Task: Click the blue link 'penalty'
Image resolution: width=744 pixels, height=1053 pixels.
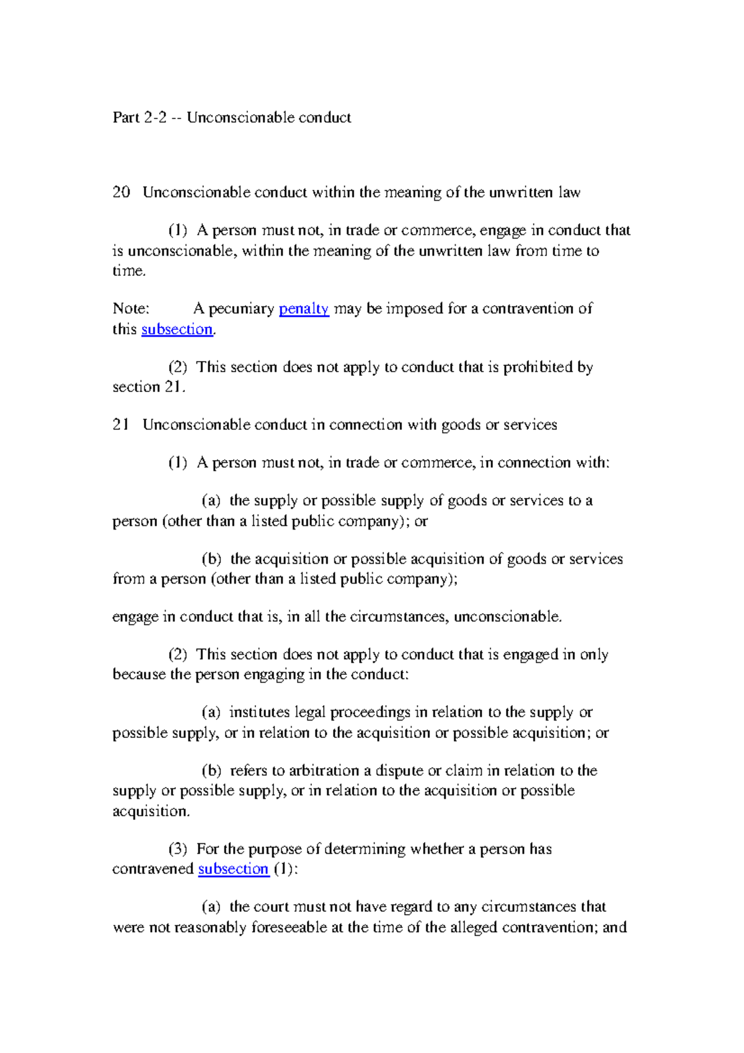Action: (303, 309)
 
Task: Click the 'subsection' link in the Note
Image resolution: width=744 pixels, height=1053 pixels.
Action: (177, 329)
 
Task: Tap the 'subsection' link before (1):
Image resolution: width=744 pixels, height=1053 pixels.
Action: (233, 869)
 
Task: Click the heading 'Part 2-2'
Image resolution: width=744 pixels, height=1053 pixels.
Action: (139, 118)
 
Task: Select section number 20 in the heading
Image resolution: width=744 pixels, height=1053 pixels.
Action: (121, 192)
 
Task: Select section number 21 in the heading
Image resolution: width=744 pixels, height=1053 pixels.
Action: (121, 425)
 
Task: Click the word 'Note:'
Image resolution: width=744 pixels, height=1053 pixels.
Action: (131, 309)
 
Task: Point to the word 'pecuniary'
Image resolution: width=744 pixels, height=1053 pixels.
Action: (241, 309)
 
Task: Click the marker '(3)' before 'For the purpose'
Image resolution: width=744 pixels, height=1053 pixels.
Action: (177, 849)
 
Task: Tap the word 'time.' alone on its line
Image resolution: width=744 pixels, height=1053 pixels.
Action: (129, 271)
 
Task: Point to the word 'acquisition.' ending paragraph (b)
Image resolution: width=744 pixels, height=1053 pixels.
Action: (151, 811)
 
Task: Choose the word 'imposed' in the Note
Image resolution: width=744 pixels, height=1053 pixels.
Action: (415, 309)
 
